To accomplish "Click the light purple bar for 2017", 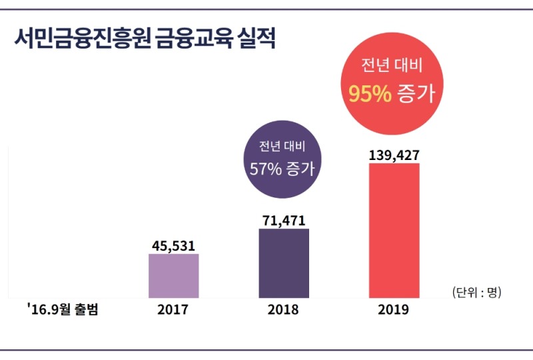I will point(173,275).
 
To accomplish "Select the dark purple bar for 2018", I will point(284,263).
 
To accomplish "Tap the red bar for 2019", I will point(394,230).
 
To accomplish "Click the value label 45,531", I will point(173,245).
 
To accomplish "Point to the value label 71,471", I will point(284,220).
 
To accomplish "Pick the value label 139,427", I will point(394,155).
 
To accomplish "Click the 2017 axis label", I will point(173,310).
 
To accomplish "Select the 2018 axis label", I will point(283,310).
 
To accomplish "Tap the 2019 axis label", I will point(393,310).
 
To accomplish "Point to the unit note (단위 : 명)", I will point(476,292).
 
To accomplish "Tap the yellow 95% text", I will point(369,94).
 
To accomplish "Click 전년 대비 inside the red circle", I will point(392,66).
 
